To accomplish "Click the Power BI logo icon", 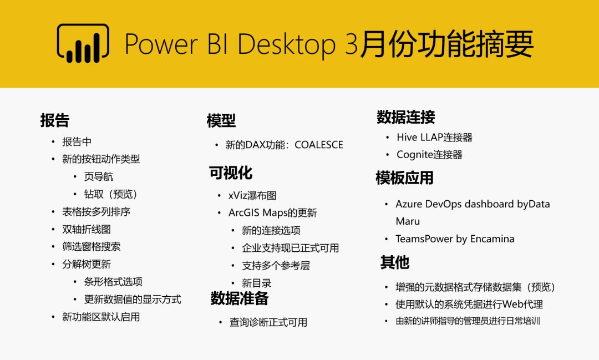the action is pos(83,43).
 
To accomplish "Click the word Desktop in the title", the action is pos(287,44).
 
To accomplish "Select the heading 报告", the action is pos(54,120).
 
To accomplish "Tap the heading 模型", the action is pos(221,121).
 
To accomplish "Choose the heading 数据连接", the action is pos(405,117).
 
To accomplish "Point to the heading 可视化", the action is pos(231,173).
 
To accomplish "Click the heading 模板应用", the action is pos(404,178).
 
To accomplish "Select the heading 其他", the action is pos(395,262).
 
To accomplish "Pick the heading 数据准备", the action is pos(240,298).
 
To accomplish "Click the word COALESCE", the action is pos(319,145).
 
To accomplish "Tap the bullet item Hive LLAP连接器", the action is pos(434,137).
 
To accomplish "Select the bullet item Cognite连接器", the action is pos(429,154).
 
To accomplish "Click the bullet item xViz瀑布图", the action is pos(252,196).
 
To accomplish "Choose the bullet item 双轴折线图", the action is pos(87,229).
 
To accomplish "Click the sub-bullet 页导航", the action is pos(99,176).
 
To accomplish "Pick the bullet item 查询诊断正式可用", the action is pos(268,322).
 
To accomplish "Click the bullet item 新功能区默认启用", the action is pos(101,317).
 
